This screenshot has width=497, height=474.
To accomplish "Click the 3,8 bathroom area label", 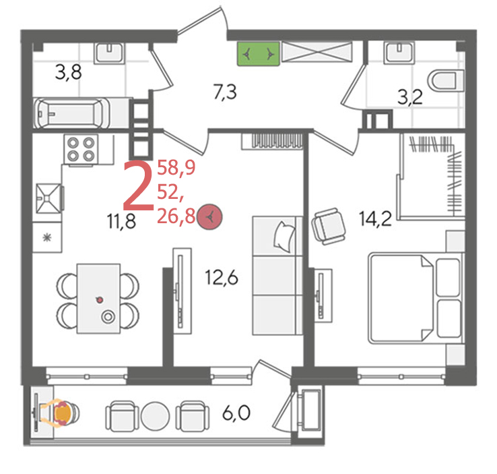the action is tap(68, 72).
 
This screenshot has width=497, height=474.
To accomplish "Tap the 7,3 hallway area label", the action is tap(225, 92).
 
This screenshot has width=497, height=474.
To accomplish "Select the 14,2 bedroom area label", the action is tap(375, 218).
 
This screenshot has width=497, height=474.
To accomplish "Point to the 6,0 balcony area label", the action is tap(236, 413).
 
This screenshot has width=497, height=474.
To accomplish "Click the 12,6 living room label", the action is tap(222, 278).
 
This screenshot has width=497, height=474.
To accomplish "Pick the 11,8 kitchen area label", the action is tap(122, 221).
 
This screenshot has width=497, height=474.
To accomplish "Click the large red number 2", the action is tap(139, 186).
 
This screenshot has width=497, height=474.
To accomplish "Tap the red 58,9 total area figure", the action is tap(176, 168).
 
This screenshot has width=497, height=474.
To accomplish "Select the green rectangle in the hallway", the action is tap(259, 54).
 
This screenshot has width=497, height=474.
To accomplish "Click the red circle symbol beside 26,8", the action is tap(209, 217).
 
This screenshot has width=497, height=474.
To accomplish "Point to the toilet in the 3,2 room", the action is tap(445, 81).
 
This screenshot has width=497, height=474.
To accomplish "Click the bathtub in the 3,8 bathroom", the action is tap(71, 113).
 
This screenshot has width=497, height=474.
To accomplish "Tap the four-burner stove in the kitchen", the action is tap(81, 150).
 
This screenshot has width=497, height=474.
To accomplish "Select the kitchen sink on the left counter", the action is tap(48, 199).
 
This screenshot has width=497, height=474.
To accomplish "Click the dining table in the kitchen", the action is tap(98, 298).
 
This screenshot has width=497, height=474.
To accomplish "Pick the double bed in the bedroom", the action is tap(416, 298).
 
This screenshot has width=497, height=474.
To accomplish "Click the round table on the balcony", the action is tap(156, 416).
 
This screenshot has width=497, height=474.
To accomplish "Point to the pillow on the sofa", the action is tap(284, 237).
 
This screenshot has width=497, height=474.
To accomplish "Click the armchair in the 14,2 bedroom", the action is tap(329, 226).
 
